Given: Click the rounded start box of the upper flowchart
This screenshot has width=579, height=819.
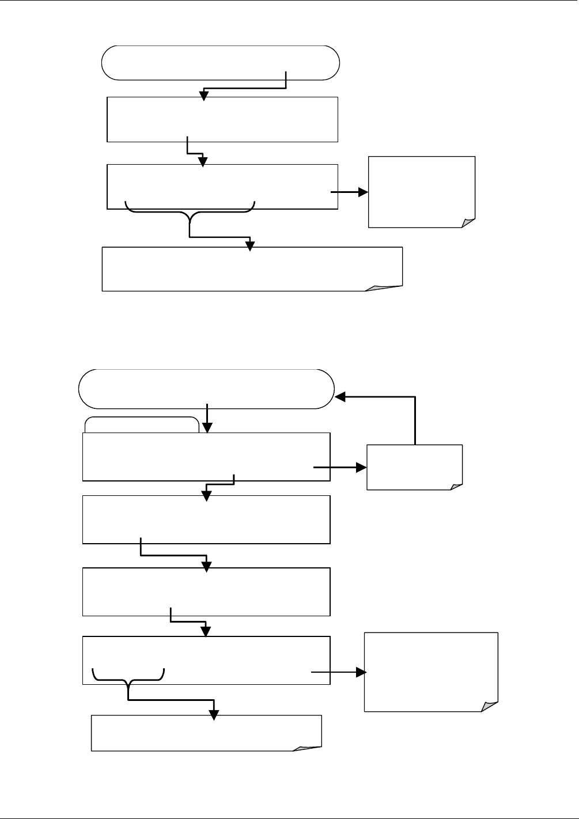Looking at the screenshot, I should [x=220, y=62].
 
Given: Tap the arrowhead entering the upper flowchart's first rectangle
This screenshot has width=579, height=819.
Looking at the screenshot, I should [x=204, y=96].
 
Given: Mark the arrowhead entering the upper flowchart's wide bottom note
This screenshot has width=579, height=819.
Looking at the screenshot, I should [x=250, y=245].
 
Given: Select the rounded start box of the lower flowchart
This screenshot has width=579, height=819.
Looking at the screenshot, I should [x=206, y=389].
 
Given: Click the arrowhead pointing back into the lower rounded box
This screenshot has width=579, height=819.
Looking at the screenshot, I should [x=341, y=397].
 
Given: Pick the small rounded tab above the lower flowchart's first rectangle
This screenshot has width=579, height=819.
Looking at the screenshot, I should [x=142, y=425].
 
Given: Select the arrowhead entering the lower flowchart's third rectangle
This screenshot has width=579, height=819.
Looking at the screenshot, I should [x=207, y=567].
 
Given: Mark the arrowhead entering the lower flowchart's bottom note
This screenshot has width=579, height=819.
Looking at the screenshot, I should [x=214, y=714].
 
